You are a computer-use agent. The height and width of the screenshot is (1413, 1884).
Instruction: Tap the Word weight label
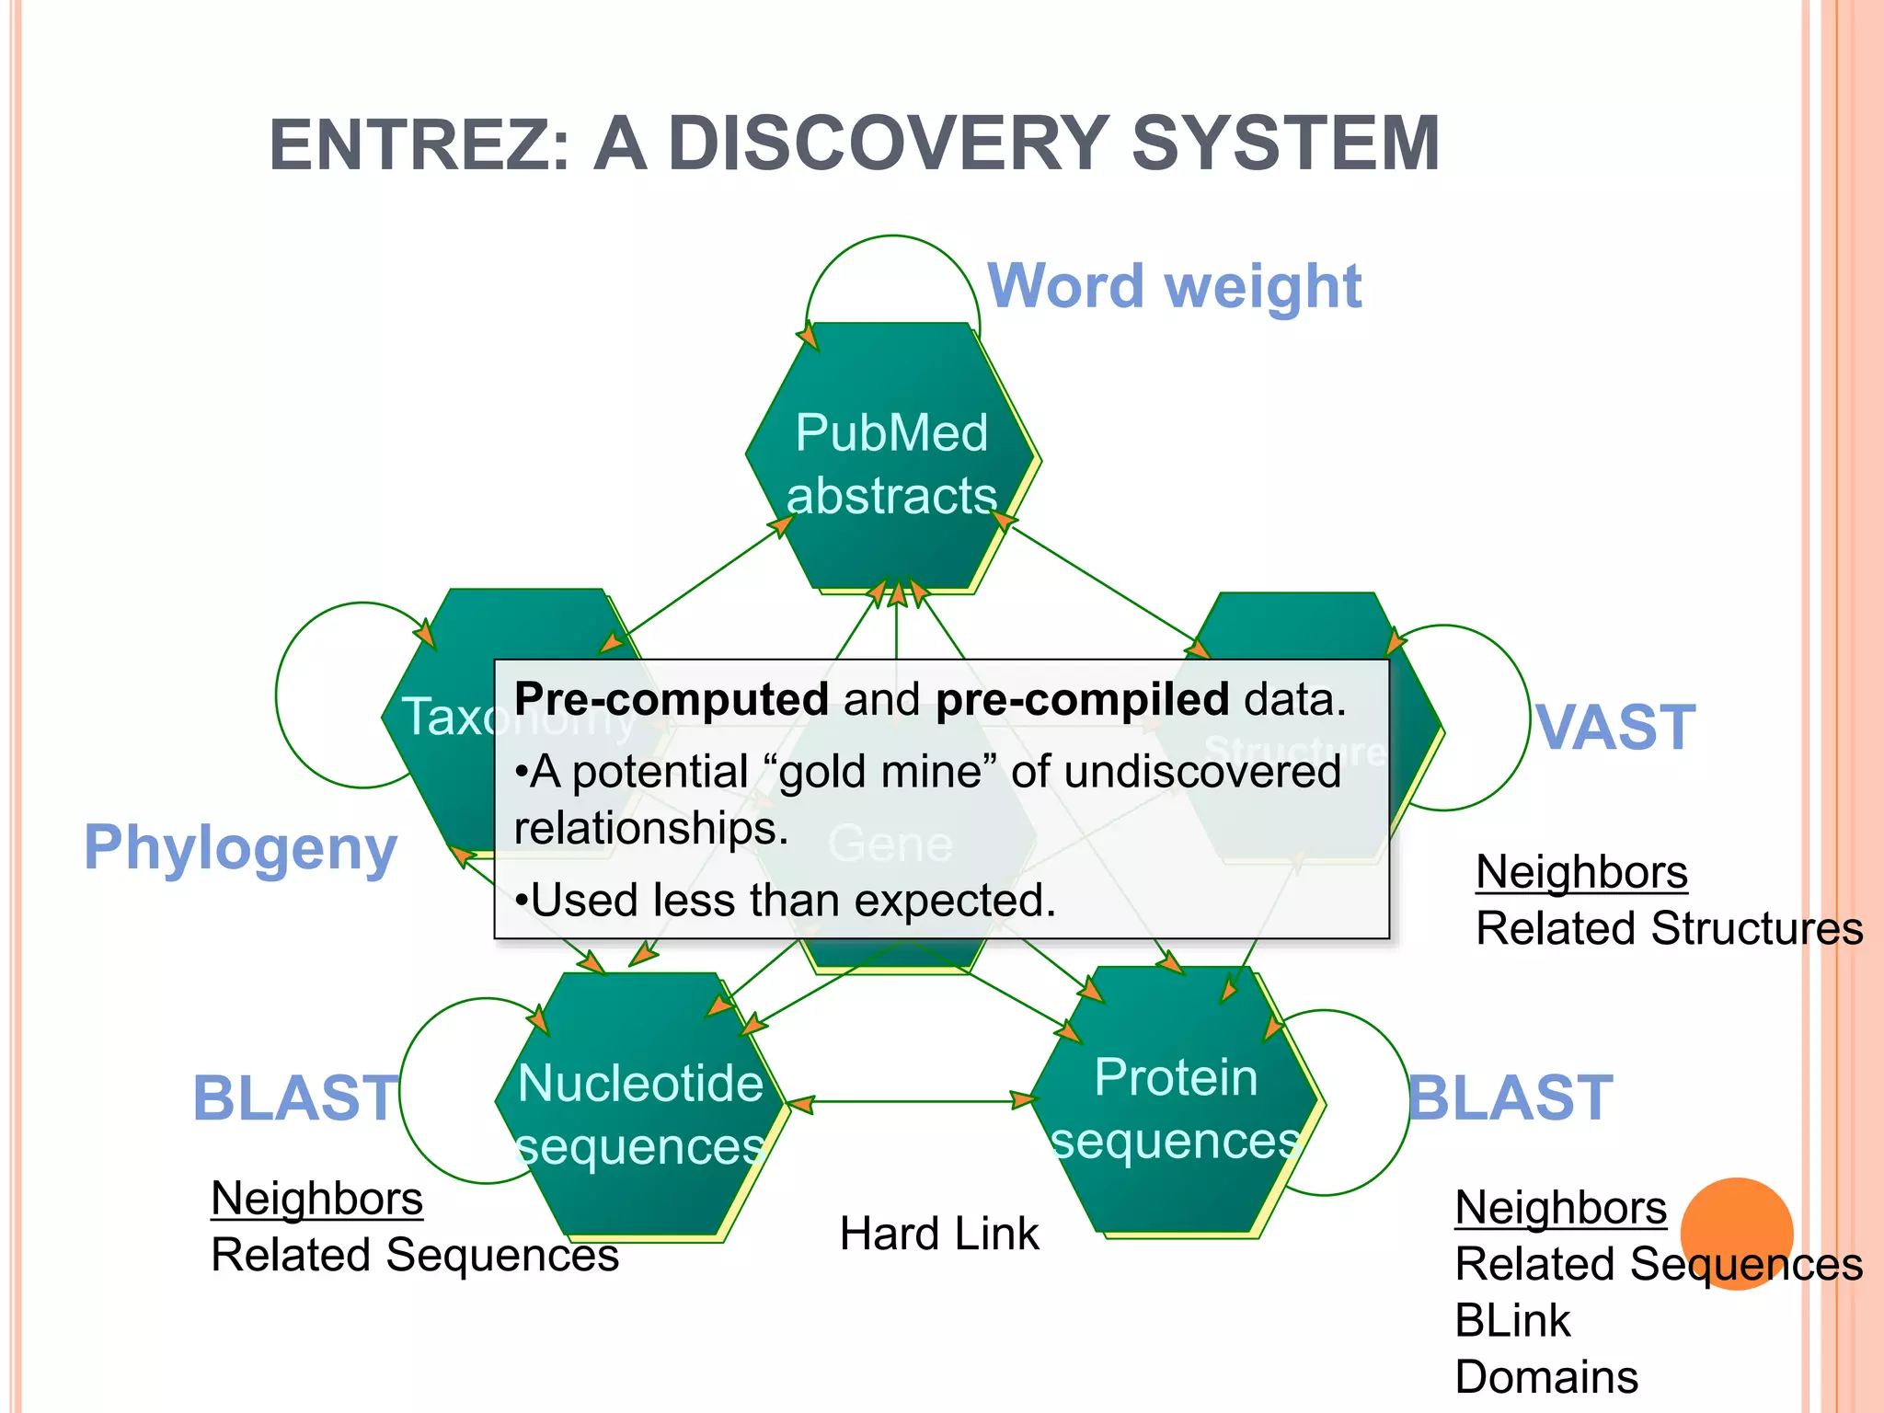tap(1174, 286)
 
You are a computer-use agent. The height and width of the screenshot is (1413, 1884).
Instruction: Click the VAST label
tap(1616, 728)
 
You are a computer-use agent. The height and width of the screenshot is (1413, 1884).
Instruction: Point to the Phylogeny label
tap(240, 847)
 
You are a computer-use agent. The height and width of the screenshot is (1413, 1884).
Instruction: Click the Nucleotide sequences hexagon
tap(640, 1112)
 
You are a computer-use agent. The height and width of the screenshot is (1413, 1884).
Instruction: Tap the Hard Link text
tap(938, 1234)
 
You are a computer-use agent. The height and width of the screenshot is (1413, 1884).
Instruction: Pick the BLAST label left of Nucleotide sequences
tap(295, 1097)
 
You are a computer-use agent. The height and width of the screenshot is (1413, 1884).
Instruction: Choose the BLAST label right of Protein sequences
tap(1511, 1097)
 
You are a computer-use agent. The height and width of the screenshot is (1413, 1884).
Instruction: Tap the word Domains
tap(1545, 1377)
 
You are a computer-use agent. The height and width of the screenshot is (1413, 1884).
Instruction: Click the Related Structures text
tap(1669, 928)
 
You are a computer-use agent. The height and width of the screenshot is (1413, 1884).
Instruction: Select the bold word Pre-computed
tap(672, 699)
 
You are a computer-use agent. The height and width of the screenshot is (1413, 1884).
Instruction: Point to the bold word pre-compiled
tap(1082, 699)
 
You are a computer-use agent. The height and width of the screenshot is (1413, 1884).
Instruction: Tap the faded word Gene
tap(889, 844)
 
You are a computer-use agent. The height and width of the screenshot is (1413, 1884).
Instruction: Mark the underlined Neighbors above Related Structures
tap(1581, 872)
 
